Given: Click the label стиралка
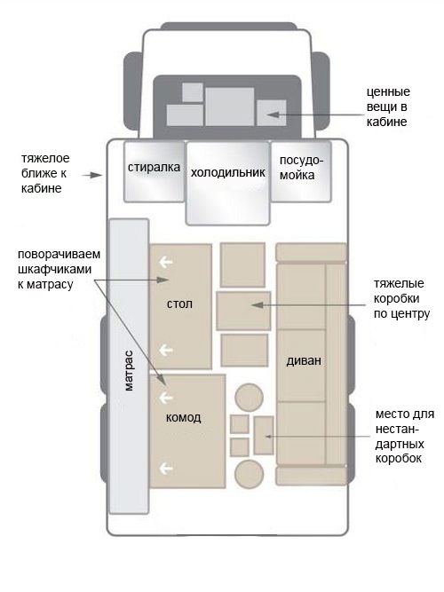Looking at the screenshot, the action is point(154,167).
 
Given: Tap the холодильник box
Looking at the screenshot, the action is point(228,183).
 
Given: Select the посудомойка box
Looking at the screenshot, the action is point(301,171).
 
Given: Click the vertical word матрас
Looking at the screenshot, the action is point(129,371).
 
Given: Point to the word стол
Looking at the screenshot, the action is point(179,304).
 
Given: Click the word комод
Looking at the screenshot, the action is point(183,417).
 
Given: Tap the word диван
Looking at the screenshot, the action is point(304,360).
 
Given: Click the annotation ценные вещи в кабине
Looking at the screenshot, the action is point(388,107).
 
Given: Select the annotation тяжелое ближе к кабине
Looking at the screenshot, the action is point(45,173).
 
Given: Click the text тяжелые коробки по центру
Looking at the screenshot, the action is point(401,298).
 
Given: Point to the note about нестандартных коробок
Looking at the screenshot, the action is point(405,436).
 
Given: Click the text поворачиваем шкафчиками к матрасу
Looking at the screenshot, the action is point(59,269).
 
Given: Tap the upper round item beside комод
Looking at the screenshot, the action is point(249,398).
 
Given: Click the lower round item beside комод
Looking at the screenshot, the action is point(249,474).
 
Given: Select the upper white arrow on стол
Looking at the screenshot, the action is point(165,262).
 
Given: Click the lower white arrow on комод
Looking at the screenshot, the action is point(166,469).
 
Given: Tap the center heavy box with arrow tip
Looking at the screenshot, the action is point(243,312).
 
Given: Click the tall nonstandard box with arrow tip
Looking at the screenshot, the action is point(264,435).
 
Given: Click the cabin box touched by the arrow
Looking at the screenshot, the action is point(272,113).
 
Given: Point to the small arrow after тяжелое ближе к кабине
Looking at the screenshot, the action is point(92,175).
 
